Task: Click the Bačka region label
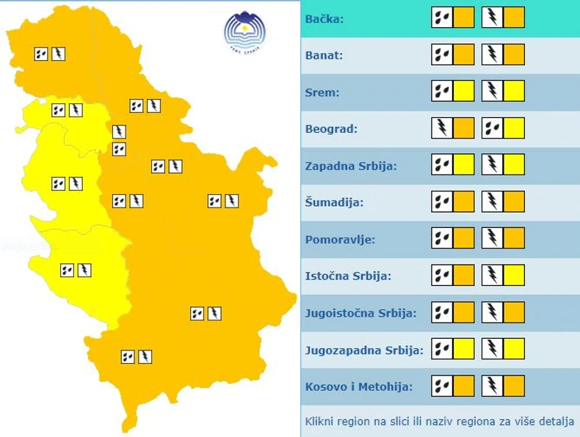coord(324,18)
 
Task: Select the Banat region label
coord(324,55)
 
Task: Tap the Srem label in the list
coord(321,92)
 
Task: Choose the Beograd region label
coord(331,129)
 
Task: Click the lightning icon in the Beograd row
coord(442,128)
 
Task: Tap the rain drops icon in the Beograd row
coord(493,128)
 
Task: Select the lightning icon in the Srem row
coord(493,92)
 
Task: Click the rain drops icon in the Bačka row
coord(442,18)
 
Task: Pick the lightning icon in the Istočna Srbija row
coord(493,276)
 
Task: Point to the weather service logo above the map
coord(244,32)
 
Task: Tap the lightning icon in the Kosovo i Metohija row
coord(493,386)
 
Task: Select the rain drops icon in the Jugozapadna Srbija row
coord(442,350)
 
